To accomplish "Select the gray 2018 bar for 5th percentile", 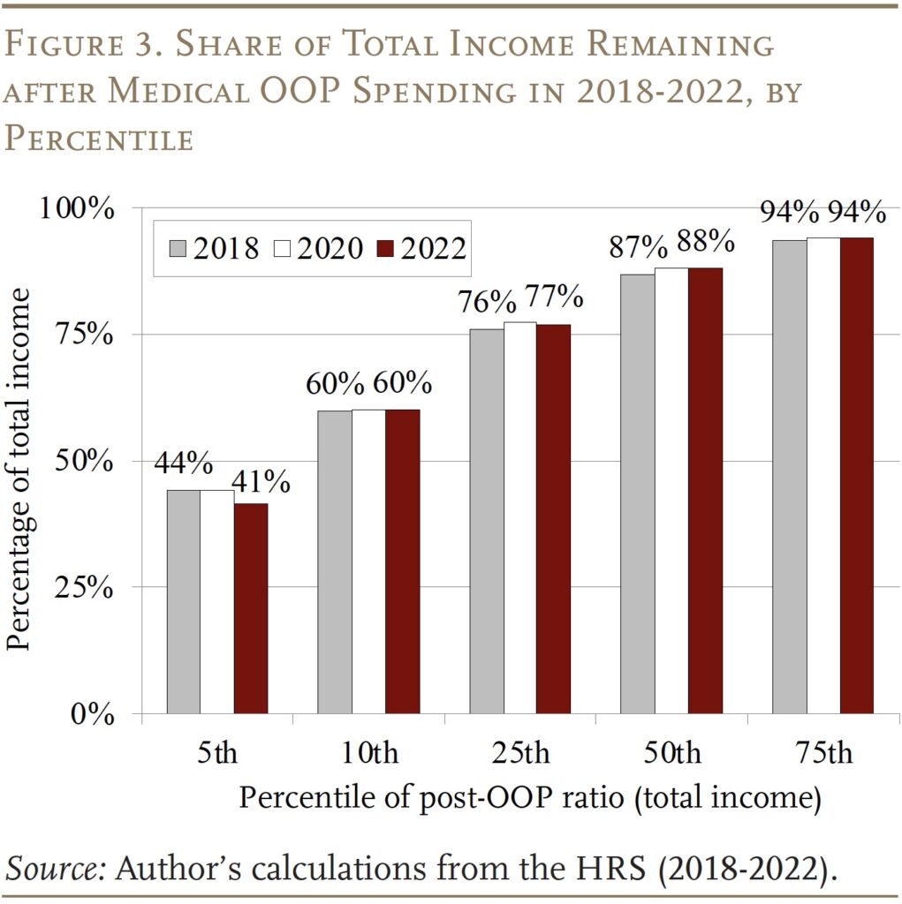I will point(183,600).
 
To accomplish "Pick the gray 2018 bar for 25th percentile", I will point(486,521).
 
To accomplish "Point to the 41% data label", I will point(261,482).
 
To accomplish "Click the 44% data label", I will point(183,463).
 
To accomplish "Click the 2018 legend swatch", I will point(177,249).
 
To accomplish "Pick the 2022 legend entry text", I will point(433,249).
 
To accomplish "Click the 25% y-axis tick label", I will point(85,588).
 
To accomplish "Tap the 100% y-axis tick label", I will point(78,209).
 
